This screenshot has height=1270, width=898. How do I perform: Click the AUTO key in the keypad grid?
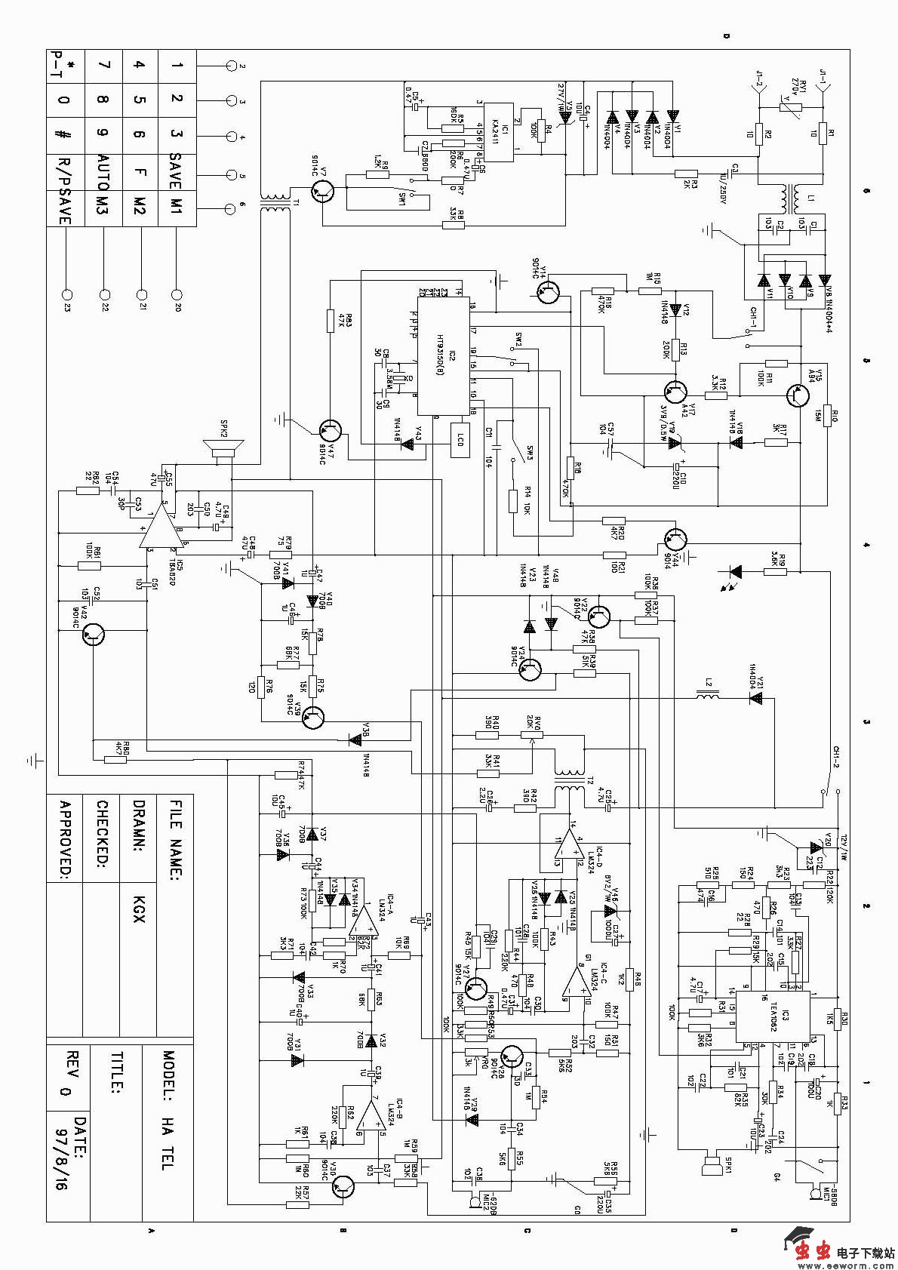(x=103, y=172)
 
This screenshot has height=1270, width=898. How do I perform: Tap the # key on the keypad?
(x=64, y=136)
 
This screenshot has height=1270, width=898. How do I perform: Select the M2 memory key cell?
(x=140, y=207)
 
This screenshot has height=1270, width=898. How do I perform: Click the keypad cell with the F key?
(x=140, y=172)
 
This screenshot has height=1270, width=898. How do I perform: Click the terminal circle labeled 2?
(x=232, y=66)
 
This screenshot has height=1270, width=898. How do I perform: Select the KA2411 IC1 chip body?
(x=498, y=132)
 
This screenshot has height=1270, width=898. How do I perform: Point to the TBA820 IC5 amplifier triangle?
(x=158, y=529)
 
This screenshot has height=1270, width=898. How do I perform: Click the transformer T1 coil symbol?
(x=275, y=204)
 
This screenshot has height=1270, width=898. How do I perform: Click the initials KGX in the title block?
(x=139, y=909)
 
